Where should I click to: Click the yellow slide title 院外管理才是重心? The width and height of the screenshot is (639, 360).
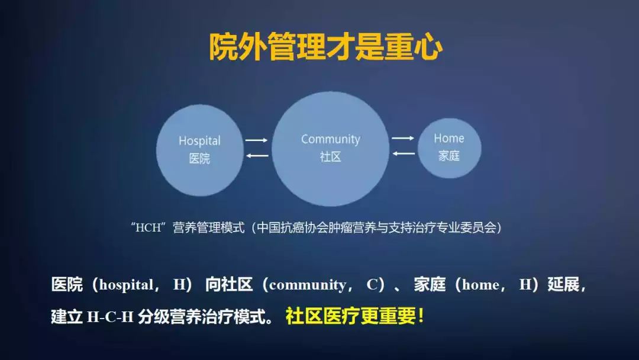[325, 47]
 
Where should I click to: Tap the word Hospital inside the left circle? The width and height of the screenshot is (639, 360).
[199, 141]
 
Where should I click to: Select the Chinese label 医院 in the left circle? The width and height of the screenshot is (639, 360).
[199, 159]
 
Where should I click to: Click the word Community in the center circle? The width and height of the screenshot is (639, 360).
[330, 140]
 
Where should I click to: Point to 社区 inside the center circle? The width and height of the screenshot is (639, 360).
[330, 157]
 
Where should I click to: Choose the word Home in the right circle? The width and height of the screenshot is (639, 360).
[448, 139]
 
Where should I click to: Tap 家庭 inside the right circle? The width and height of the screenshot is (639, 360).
[448, 156]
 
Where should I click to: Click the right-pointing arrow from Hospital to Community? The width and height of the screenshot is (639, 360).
[257, 140]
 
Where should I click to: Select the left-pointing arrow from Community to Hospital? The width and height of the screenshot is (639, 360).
[257, 156]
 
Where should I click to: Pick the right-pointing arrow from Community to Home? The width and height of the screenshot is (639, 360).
[403, 138]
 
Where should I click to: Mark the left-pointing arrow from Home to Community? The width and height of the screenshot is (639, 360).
[403, 154]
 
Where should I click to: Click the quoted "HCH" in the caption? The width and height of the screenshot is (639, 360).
[148, 228]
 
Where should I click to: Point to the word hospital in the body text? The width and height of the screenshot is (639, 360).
[126, 285]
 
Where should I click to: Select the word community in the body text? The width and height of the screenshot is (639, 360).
[307, 285]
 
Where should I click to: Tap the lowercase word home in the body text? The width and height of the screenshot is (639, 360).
[480, 285]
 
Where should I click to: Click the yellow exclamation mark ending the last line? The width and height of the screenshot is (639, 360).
[421, 316]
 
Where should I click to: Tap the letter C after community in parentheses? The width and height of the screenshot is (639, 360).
[372, 285]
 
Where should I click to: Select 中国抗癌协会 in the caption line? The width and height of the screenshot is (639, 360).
[287, 228]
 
